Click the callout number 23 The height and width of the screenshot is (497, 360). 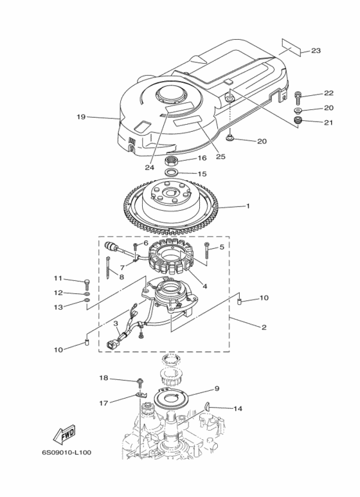(316, 51)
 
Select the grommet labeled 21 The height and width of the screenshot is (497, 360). (298, 122)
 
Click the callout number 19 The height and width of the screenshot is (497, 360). (81, 117)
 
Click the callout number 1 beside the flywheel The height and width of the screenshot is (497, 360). (247, 206)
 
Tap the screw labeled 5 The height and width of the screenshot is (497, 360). (206, 252)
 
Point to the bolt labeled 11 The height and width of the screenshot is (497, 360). (86, 282)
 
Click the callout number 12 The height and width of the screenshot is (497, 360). (58, 293)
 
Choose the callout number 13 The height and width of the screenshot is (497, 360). (58, 307)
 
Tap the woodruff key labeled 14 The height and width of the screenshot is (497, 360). (210, 405)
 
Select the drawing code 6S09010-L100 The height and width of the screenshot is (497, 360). (67, 453)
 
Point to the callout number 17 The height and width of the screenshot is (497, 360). (104, 403)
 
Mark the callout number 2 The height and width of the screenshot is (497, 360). (263, 327)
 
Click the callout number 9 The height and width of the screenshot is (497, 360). (217, 388)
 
